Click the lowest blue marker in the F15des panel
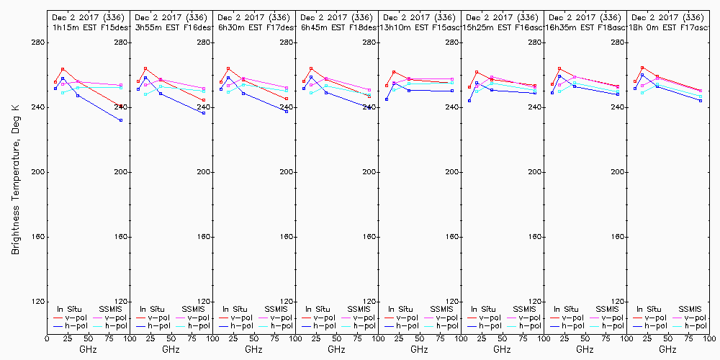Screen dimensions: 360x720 pyautogui.click(x=121, y=120)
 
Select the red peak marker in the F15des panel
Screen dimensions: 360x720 pyautogui.click(x=63, y=69)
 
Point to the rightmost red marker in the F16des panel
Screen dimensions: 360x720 pyautogui.click(x=204, y=100)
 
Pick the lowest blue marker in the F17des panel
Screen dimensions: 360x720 pyautogui.click(x=287, y=112)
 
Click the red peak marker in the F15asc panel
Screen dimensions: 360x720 pyautogui.click(x=394, y=72)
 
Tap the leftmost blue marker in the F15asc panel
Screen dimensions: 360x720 pyautogui.click(x=387, y=99)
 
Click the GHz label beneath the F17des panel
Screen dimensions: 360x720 pyautogui.click(x=253, y=349)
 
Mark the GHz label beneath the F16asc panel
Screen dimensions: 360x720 pyautogui.click(x=502, y=349)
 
